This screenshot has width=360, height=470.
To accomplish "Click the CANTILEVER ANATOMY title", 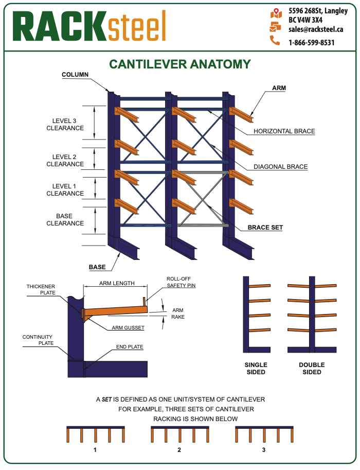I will coord(180,64).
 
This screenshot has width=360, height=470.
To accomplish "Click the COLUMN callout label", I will coord(75,75).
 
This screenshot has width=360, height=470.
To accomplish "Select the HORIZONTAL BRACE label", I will coord(284,131).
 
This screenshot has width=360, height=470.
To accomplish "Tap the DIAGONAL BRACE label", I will coord(280,167).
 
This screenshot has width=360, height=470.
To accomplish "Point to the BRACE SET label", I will coord(265,227).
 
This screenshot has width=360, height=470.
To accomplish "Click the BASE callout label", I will coord(97,267).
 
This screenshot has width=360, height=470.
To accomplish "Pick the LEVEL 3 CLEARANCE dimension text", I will coord(65,125).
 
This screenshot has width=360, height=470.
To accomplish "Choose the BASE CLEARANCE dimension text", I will coord(65,220).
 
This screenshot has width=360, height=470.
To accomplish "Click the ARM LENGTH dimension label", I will coord(117,283).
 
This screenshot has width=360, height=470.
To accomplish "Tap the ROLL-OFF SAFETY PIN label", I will coord(181,282).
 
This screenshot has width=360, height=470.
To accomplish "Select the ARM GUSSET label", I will coord(128,327).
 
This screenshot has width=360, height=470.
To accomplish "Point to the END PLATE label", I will coord(129,347).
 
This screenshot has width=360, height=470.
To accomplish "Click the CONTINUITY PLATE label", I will coord(37,341).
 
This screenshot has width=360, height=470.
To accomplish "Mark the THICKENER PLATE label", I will coord(41,290).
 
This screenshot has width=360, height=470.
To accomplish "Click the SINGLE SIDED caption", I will coord(256,369).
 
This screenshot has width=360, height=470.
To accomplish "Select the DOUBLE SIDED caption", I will coord(312,369).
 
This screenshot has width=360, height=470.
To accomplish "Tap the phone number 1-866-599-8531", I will coord(311,43).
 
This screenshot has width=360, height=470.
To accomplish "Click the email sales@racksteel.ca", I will coord(316,29).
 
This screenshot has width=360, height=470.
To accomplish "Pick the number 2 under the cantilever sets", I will coord(179,449).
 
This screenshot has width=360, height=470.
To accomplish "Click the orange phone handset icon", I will coord(275,41).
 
